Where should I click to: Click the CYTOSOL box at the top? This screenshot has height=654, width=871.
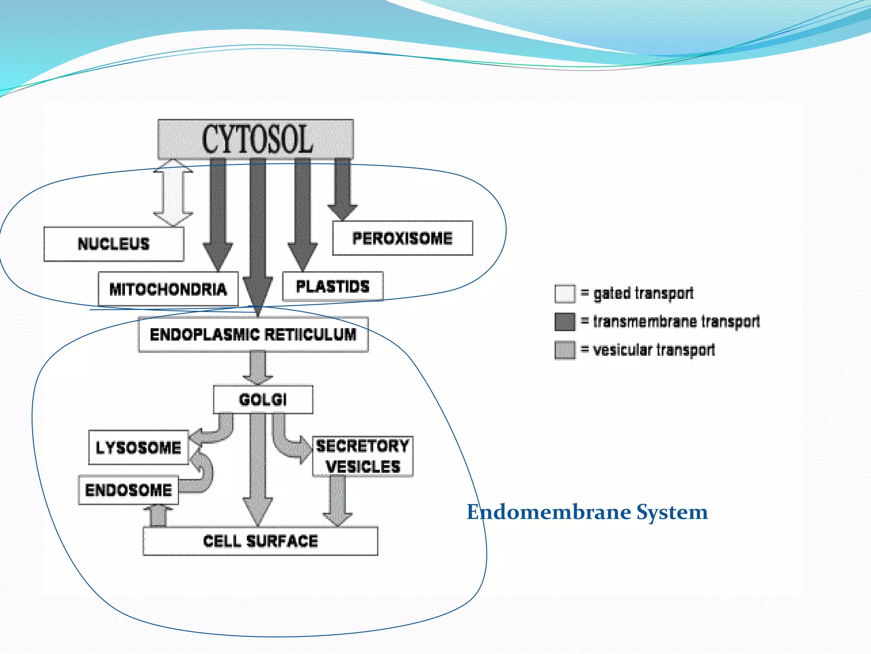click(x=256, y=139)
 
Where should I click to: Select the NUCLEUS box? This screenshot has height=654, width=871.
click(x=114, y=244)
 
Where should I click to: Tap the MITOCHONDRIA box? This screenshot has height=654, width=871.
click(x=168, y=289)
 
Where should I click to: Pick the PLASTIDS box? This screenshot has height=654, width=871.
click(x=333, y=286)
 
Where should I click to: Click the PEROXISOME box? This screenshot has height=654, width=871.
click(x=402, y=238)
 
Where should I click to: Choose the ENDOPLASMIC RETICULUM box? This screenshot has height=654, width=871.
click(x=253, y=334)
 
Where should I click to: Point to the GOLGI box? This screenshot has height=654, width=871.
click(x=263, y=399)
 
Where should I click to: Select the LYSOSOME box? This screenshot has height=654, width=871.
click(x=138, y=447)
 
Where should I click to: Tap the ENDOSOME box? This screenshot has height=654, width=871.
click(x=128, y=490)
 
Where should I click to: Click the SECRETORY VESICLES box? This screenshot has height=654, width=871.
click(x=362, y=456)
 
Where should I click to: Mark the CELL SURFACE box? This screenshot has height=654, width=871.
click(x=260, y=541)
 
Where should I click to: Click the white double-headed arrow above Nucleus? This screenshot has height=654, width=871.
click(x=173, y=192)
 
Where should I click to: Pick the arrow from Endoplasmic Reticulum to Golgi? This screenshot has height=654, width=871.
click(x=258, y=367)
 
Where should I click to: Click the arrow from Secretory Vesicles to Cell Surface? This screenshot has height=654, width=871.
click(x=338, y=500)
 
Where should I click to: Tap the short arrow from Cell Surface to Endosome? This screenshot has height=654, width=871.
click(x=159, y=516)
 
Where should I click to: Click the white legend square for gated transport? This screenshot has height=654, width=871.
click(x=565, y=293)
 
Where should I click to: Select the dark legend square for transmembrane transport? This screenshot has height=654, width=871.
click(x=565, y=321)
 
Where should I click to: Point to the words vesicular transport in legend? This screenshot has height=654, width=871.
click(x=654, y=350)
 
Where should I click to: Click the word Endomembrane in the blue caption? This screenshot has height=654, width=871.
click(x=548, y=512)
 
